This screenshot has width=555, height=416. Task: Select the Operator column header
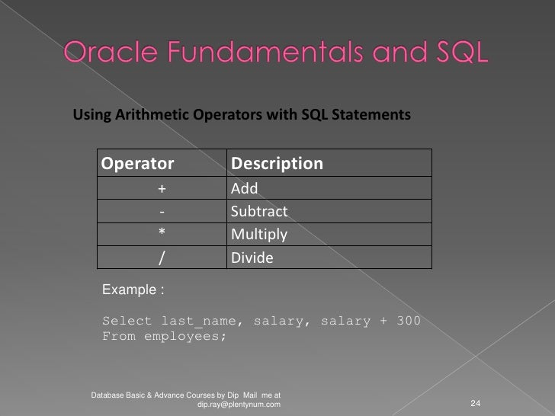click(138, 164)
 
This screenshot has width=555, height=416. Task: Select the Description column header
click(277, 164)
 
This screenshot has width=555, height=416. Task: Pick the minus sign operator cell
click(162, 211)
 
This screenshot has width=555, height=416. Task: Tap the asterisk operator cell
click(162, 234)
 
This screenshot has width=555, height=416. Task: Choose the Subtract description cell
click(258, 211)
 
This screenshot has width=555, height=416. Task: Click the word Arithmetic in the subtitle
click(150, 115)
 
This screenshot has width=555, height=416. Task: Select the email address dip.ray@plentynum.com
click(239, 404)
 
